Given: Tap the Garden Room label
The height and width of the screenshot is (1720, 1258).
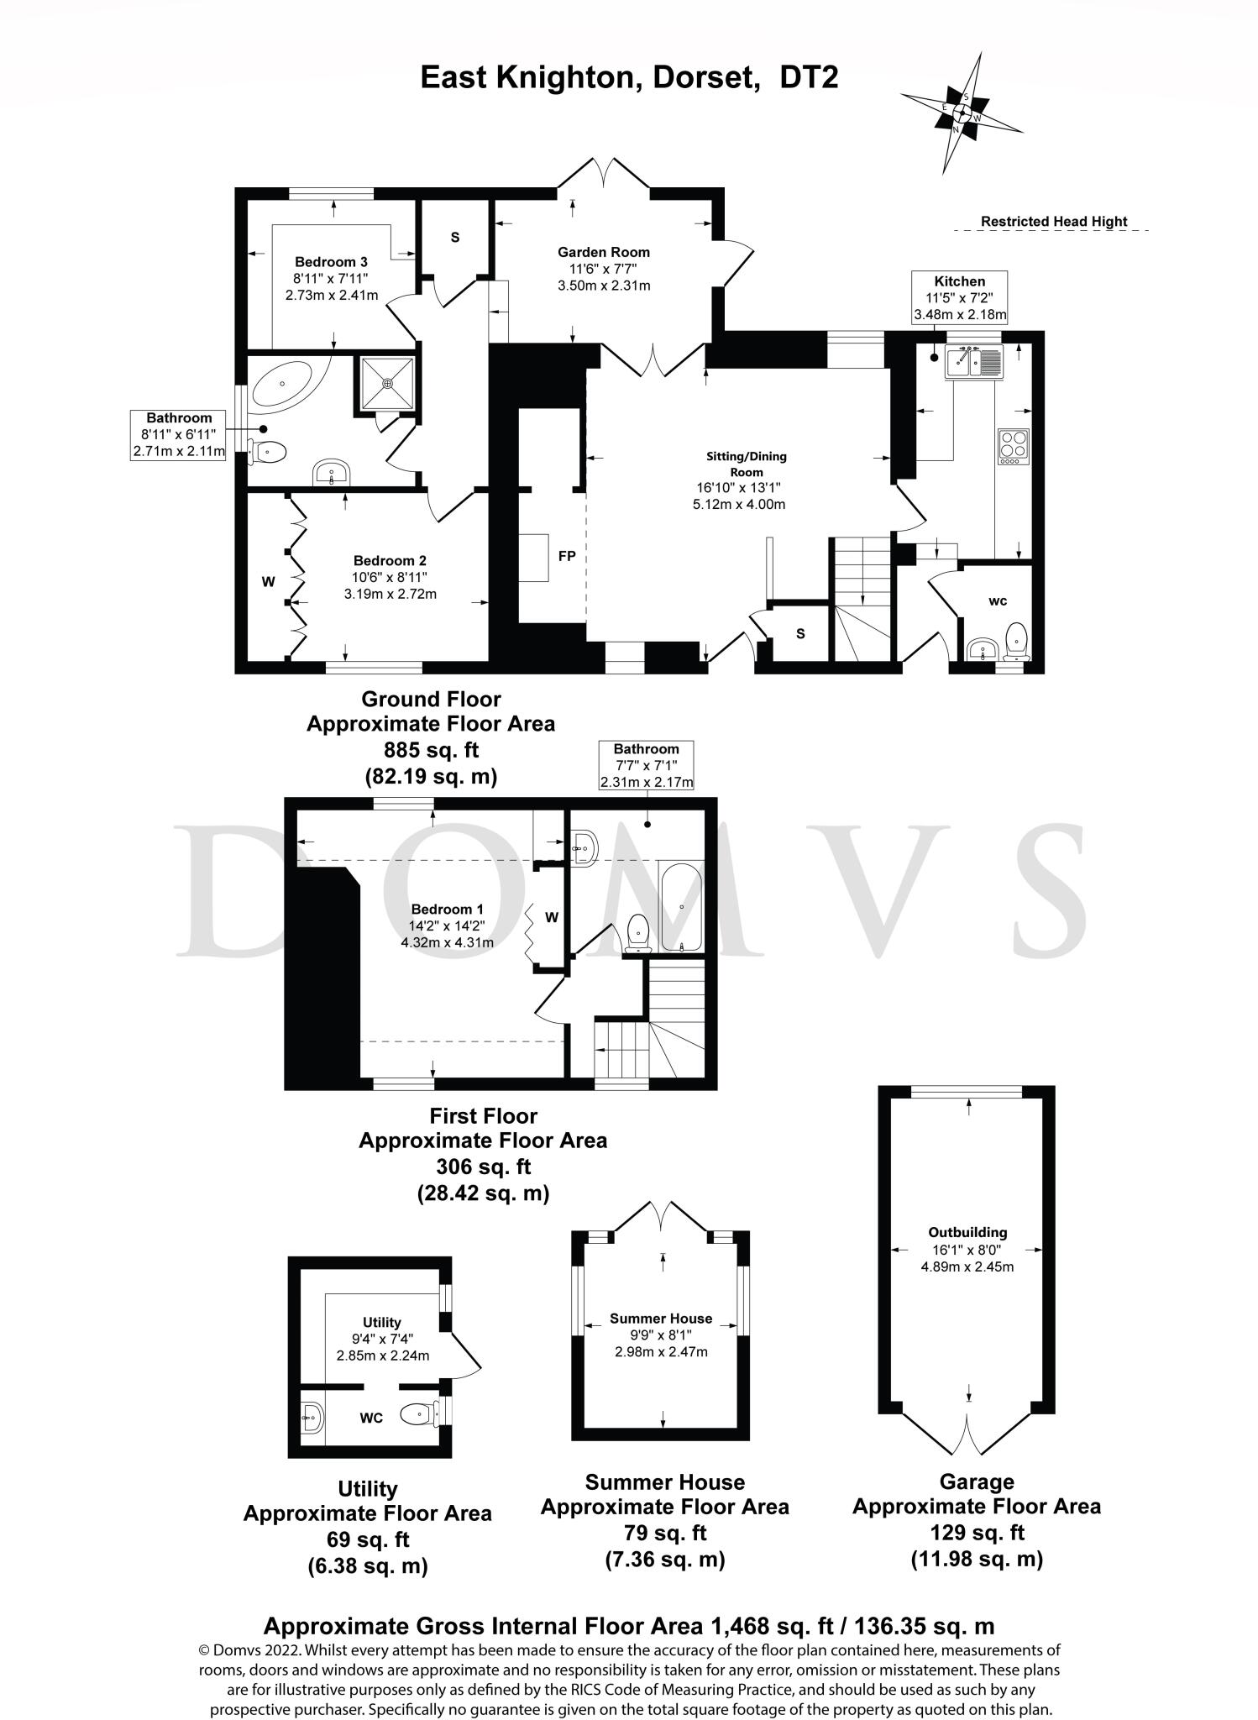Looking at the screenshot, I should (603, 252).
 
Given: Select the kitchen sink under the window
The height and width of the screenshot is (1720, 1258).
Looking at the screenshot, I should (973, 362).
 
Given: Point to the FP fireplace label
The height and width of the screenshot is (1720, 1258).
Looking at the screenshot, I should (566, 556).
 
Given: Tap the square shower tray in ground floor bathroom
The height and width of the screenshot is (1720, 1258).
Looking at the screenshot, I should (387, 384).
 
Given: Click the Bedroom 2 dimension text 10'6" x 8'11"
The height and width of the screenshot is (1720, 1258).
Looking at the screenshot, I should (390, 577).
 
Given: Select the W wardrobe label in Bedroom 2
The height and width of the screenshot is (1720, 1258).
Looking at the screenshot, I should (268, 581).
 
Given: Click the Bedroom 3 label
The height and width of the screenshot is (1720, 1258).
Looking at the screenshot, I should (331, 262).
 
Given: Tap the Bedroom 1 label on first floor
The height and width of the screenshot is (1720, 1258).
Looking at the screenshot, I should (447, 909).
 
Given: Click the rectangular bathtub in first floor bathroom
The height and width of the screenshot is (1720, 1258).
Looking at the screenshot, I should (681, 906).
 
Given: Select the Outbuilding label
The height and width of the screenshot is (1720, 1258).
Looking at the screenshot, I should (967, 1232).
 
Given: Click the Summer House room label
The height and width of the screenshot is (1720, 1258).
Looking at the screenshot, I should (660, 1319).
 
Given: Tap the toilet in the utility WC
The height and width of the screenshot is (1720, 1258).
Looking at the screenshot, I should (417, 1415).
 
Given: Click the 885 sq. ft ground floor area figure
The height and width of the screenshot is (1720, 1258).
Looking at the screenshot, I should (430, 749).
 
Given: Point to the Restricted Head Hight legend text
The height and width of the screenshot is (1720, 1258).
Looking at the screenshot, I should (1053, 222).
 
